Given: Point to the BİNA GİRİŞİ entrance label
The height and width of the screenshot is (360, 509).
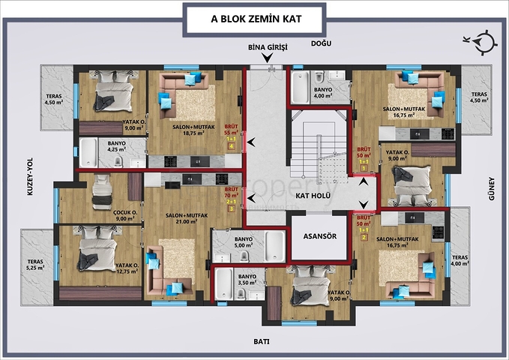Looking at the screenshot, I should (x=268, y=48).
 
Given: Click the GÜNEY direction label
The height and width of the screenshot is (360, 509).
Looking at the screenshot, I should (x=492, y=187).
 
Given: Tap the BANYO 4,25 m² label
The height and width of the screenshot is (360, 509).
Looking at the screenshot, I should (x=117, y=146).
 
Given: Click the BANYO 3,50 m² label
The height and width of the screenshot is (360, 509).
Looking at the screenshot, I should (x=247, y=280).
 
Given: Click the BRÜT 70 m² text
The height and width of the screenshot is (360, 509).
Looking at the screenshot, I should (x=232, y=194).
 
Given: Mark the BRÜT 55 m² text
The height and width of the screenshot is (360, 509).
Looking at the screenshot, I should (x=232, y=130).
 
